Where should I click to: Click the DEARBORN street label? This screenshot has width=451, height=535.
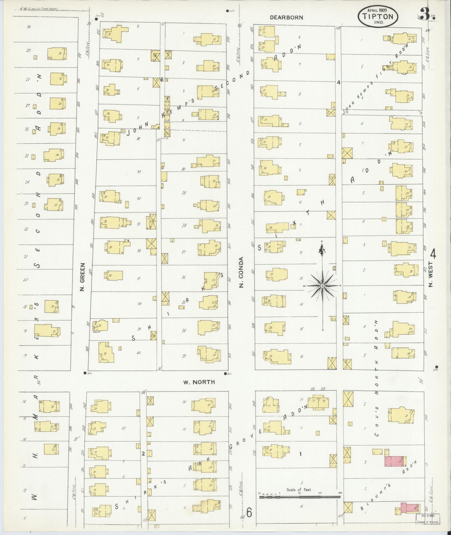tap(286, 17)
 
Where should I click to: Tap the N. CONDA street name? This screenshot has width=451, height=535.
tap(241, 272)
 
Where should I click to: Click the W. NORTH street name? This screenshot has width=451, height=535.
tap(199, 382)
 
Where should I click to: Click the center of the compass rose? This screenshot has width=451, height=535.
tap(322, 286)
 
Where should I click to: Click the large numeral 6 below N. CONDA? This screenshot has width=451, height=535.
tap(249, 513)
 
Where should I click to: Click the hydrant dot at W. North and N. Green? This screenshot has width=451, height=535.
tap(85, 373)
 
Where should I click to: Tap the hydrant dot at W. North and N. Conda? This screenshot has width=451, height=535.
tap(225, 373)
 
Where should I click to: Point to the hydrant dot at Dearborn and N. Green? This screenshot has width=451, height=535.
tap(96, 19)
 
